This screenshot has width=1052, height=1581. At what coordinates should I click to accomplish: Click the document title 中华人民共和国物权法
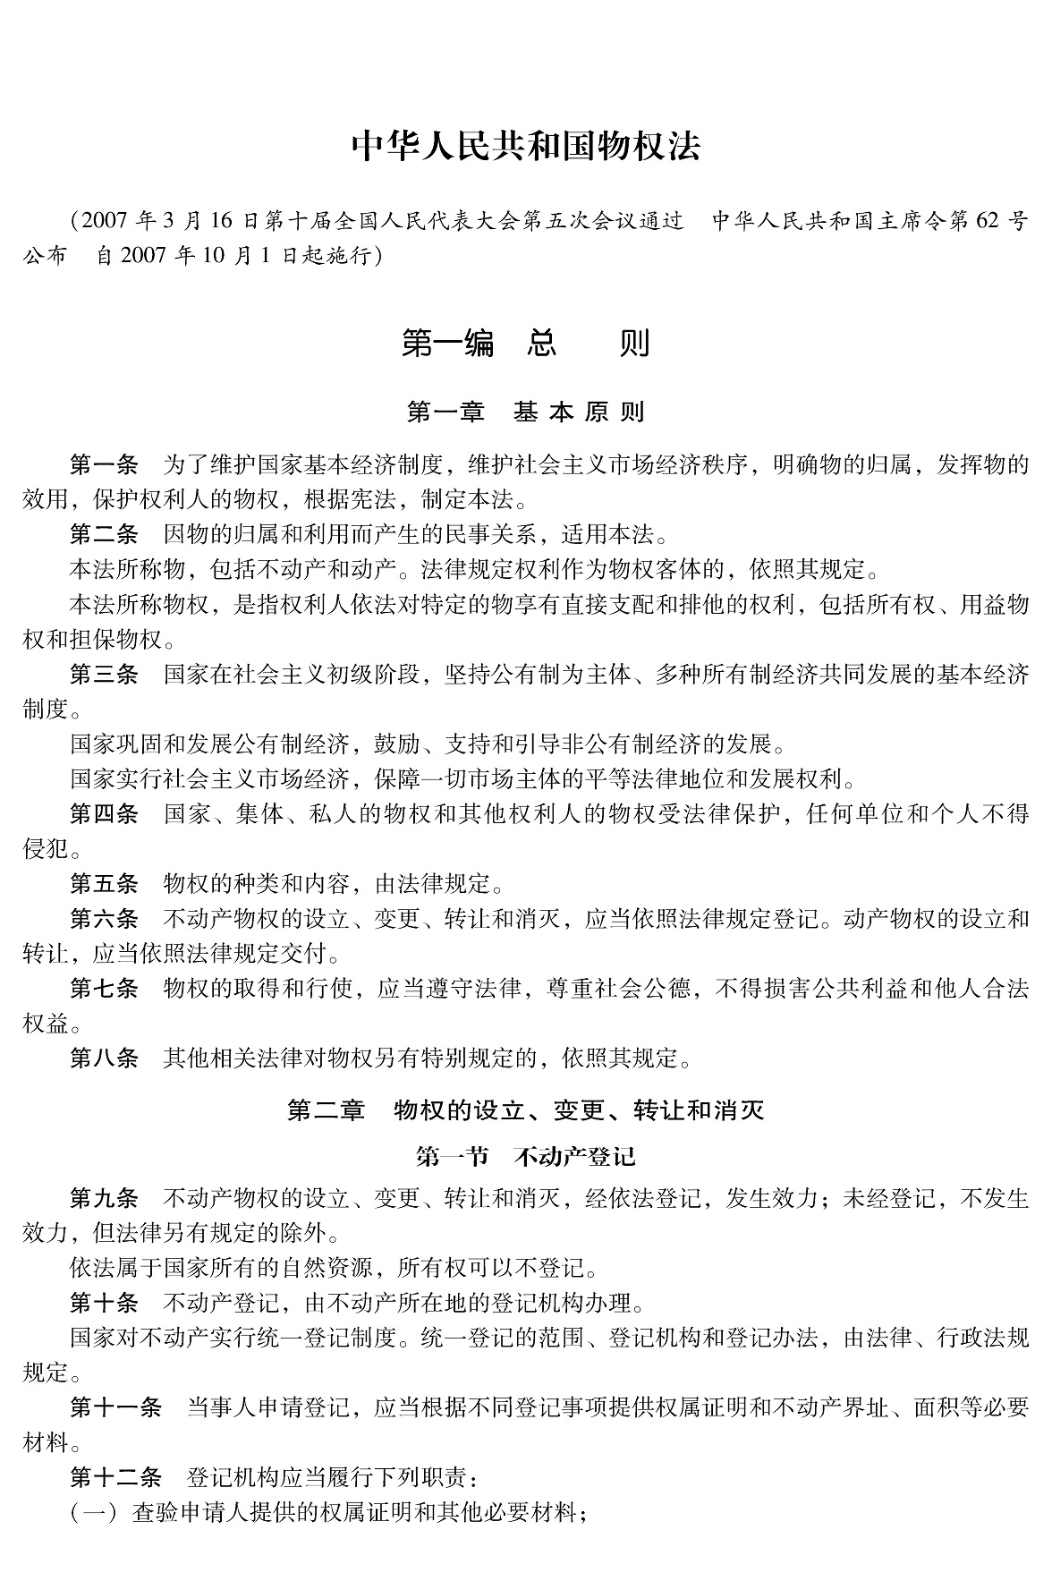(x=525, y=147)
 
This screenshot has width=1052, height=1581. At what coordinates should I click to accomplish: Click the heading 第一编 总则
(x=525, y=344)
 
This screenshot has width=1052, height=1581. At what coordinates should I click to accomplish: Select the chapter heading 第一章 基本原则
(x=525, y=412)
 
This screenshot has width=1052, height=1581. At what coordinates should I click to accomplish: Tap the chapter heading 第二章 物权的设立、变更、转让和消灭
(x=525, y=1110)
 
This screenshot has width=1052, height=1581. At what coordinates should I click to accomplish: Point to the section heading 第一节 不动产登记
(x=525, y=1156)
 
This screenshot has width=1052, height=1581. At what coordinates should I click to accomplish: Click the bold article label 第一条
(x=104, y=464)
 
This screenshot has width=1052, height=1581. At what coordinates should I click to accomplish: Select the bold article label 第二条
(x=104, y=534)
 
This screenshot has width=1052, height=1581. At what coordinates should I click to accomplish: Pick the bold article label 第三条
(x=104, y=674)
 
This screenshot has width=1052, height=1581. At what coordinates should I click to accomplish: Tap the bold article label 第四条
(x=104, y=813)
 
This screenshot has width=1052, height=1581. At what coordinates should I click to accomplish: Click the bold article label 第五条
(x=104, y=884)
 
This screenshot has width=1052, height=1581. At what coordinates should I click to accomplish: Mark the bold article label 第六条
(x=104, y=919)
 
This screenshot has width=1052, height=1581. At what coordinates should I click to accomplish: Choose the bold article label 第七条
(x=104, y=989)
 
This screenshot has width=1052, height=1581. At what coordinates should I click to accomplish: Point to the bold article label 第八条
(x=104, y=1058)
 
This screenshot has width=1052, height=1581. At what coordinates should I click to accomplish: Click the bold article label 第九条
(x=104, y=1197)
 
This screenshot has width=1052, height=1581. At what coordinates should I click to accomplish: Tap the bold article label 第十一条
(x=115, y=1407)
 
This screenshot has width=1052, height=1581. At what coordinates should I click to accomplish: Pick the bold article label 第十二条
(x=115, y=1476)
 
